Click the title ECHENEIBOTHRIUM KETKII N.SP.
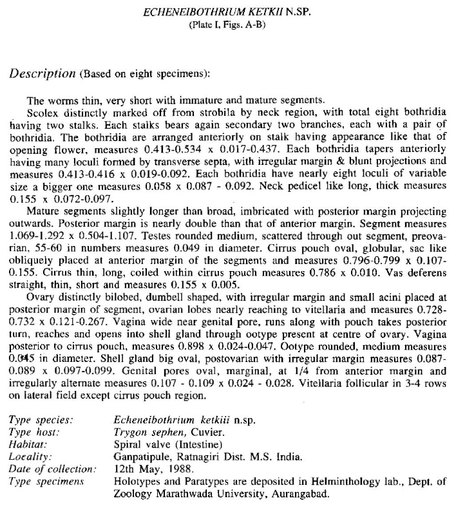[227, 12]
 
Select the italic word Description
[42, 73]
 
